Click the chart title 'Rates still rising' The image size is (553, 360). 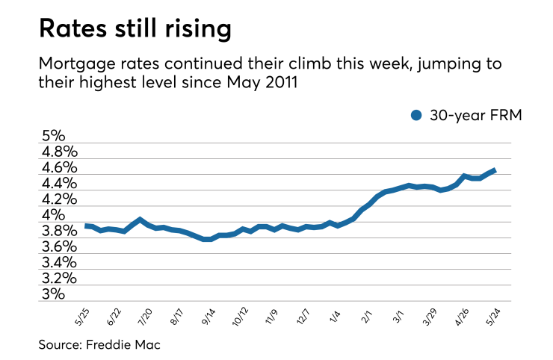pos(135,29)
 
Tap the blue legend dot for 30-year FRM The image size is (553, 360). pos(417,115)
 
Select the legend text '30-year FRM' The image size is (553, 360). pos(471,115)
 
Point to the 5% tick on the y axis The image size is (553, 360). pos(53,137)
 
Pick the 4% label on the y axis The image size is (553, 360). pos(53,215)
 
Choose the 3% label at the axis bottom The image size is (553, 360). pos(53,294)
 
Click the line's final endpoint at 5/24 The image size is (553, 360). pos(495,170)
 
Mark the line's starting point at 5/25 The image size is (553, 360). pos(86,226)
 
